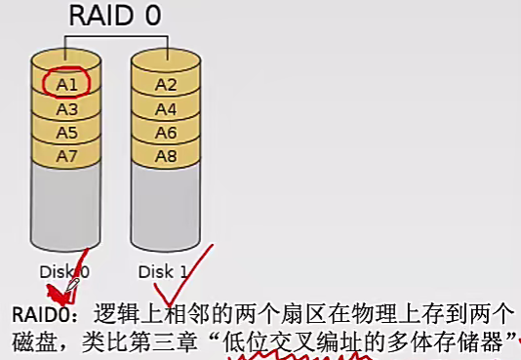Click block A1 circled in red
tap(66, 84)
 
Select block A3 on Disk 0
tap(66, 108)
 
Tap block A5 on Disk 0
tap(66, 132)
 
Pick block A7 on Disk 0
tap(66, 155)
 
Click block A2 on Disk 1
tap(166, 84)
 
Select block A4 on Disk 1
tap(166, 108)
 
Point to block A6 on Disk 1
tap(166, 132)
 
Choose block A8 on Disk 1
tap(166, 155)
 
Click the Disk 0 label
tap(65, 272)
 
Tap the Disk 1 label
tap(162, 272)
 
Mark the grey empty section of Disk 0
tap(66, 210)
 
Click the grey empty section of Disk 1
tap(166, 210)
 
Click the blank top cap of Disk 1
tap(166, 59)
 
